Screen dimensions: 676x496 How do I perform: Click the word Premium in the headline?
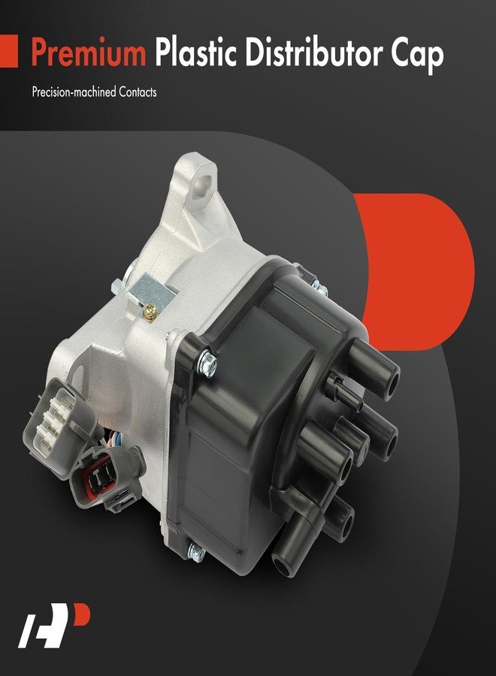click(88, 54)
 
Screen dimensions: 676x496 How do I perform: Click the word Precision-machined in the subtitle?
click(72, 95)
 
